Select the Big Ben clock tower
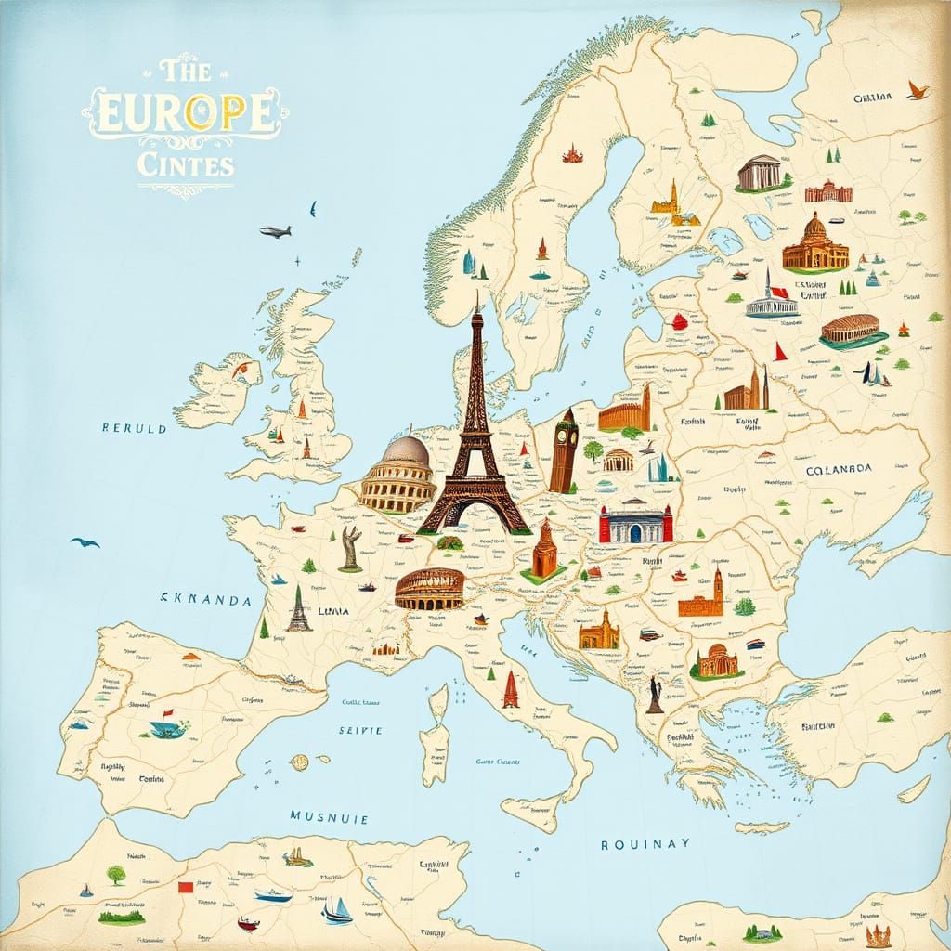(563, 450)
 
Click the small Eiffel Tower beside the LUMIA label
(298, 609)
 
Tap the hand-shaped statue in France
(350, 549)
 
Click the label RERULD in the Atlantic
(135, 430)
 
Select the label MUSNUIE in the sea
(329, 818)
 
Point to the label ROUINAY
(645, 843)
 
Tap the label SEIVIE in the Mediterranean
(360, 731)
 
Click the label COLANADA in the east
(832, 470)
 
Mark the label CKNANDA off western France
(206, 601)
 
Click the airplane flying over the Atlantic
(275, 230)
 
